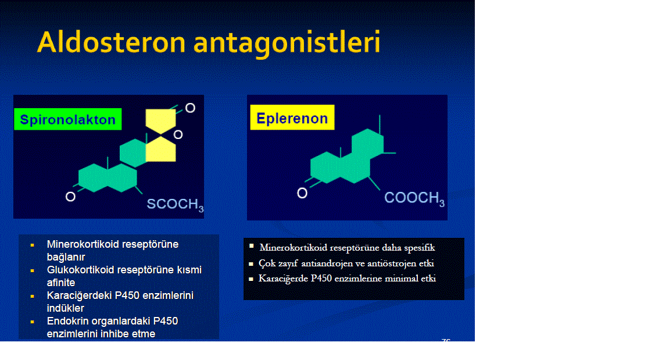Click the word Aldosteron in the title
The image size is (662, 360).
click(x=112, y=42)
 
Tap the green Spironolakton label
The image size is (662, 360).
click(x=68, y=120)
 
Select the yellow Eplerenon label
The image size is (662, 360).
click(x=292, y=117)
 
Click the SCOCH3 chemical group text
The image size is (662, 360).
click(x=175, y=205)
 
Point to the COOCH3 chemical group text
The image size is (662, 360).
click(x=414, y=198)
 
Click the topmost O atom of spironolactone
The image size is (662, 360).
click(x=190, y=108)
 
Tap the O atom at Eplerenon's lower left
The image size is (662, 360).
click(x=302, y=194)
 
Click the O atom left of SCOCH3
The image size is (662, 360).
click(x=70, y=197)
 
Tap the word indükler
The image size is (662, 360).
click(x=66, y=308)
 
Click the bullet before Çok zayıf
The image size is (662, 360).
click(x=251, y=263)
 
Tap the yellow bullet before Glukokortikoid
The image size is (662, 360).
click(x=32, y=270)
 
